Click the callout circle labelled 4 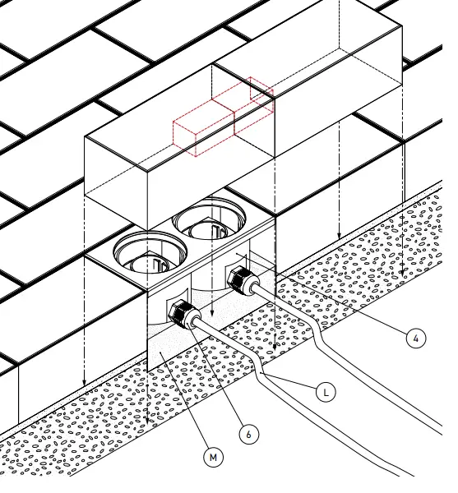tap(417, 338)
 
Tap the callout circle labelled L tap(326, 393)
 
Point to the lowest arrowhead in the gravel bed tap(147, 421)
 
